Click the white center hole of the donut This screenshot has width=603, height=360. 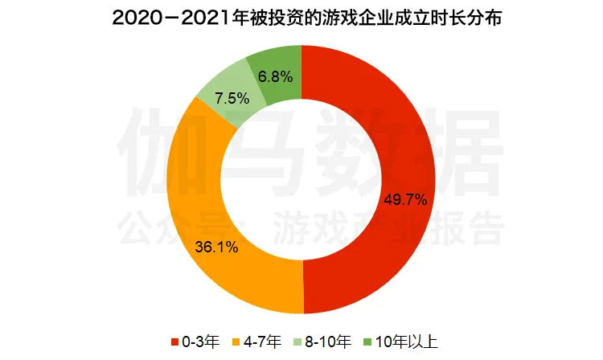301,180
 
